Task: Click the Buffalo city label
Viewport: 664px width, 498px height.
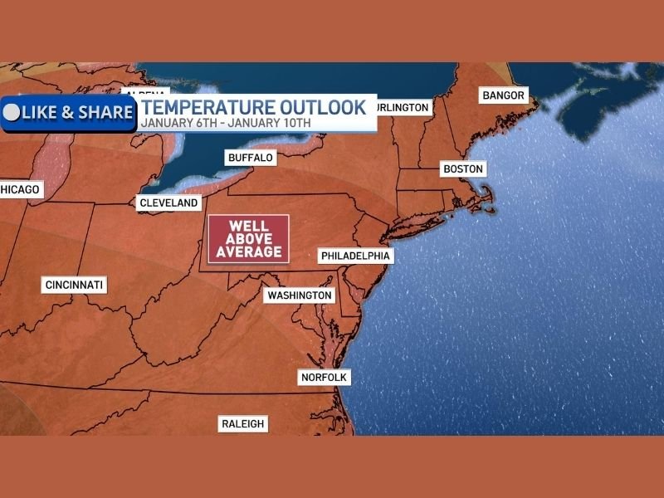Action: click(x=251, y=158)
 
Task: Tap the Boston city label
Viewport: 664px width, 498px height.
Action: click(x=462, y=169)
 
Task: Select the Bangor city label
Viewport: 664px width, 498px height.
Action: click(x=504, y=95)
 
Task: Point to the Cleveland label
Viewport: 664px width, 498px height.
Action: click(x=169, y=203)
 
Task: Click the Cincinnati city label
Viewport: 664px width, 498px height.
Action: click(x=75, y=286)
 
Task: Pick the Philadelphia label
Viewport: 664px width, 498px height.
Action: click(x=355, y=256)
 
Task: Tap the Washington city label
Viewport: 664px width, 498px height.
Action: click(x=299, y=295)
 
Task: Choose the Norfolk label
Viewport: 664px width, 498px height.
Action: click(x=325, y=378)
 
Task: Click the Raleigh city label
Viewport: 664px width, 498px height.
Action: click(x=243, y=423)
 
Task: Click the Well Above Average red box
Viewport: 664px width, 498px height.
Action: click(x=248, y=239)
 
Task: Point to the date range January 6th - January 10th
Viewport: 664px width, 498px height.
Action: click(x=226, y=123)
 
